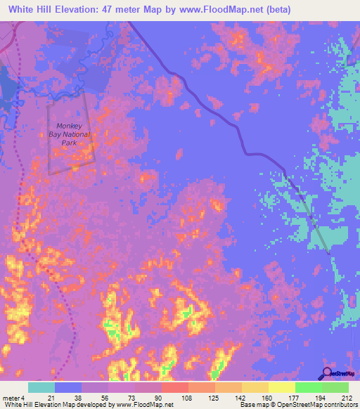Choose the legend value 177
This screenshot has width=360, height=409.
pyautogui.click(x=295, y=398)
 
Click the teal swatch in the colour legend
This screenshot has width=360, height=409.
pyautogui.click(x=41, y=387)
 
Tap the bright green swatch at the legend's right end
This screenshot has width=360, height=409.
pyautogui.click(x=335, y=387)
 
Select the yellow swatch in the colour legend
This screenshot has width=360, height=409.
pyautogui.click(x=282, y=387)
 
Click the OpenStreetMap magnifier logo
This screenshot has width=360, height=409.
pyautogui.click(x=327, y=374)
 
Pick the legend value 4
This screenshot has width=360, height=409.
pyautogui.click(x=24, y=398)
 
